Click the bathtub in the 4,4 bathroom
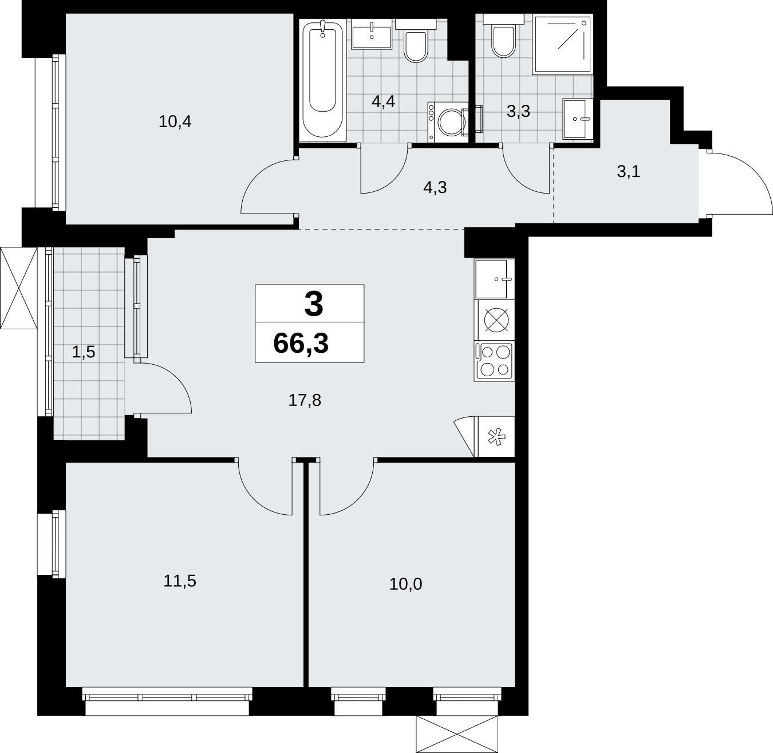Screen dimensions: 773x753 [x=322, y=80]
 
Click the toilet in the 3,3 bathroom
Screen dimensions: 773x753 [x=504, y=36]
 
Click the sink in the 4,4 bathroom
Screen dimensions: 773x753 [x=372, y=34]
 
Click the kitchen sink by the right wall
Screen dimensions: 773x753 [x=494, y=279]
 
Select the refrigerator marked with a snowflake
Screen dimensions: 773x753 [x=495, y=437]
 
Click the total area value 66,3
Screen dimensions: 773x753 [x=301, y=344]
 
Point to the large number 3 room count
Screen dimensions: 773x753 [x=314, y=304]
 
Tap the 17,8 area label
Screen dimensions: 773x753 [x=305, y=400]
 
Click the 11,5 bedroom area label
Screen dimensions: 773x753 [x=180, y=581]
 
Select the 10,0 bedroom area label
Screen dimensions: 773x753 [x=405, y=584]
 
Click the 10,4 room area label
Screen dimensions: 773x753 [x=175, y=121]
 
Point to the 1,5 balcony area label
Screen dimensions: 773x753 [x=84, y=352]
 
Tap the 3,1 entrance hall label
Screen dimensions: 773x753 [x=629, y=172]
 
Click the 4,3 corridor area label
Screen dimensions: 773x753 [x=435, y=187]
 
